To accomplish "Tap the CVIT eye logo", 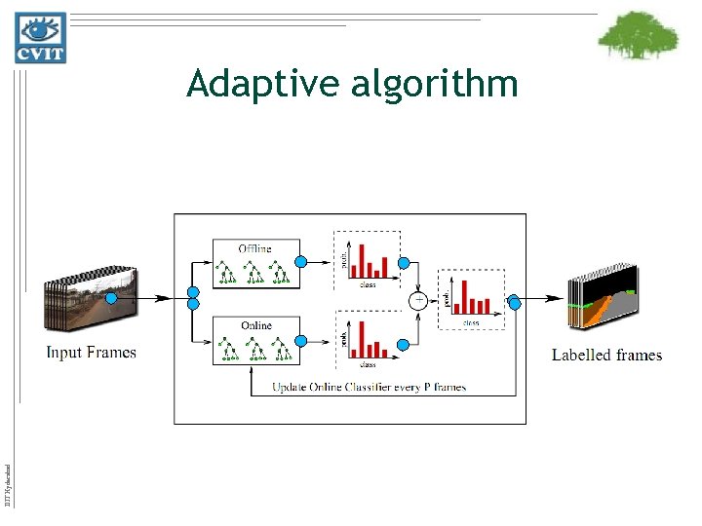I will click(40, 37).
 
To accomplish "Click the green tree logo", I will click(638, 37).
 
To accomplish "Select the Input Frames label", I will click(91, 353).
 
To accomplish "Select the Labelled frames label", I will click(606, 356).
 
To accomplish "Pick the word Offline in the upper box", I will click(255, 247).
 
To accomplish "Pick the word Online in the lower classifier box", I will click(255, 325).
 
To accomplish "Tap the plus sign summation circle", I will click(418, 300).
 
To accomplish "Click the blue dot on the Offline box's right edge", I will click(301, 261).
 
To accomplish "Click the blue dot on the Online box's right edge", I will click(301, 341).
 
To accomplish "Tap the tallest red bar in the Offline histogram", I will click(363, 260).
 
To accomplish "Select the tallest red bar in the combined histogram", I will click(467, 296).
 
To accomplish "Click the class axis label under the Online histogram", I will click(368, 364).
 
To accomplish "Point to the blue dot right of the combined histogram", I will click(514, 303).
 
